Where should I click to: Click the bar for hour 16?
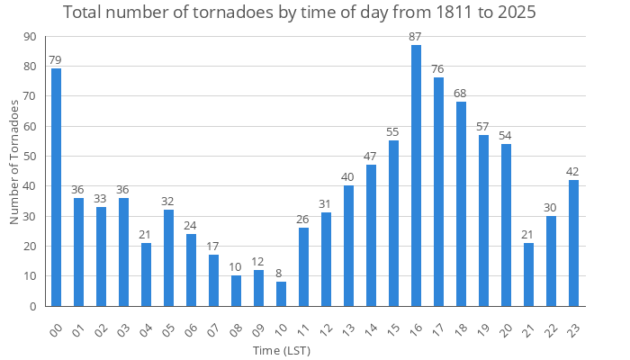416,175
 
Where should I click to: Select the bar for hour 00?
56,187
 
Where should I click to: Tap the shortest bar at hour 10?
281,294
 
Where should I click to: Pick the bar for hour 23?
573,243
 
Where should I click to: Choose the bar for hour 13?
348,246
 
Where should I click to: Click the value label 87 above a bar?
416,37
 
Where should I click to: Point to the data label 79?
56,60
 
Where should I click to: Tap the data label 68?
461,94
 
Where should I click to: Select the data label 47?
371,157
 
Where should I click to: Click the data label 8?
281,274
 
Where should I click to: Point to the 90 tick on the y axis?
31,36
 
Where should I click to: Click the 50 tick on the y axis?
31,156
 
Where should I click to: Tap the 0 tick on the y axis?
33,306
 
